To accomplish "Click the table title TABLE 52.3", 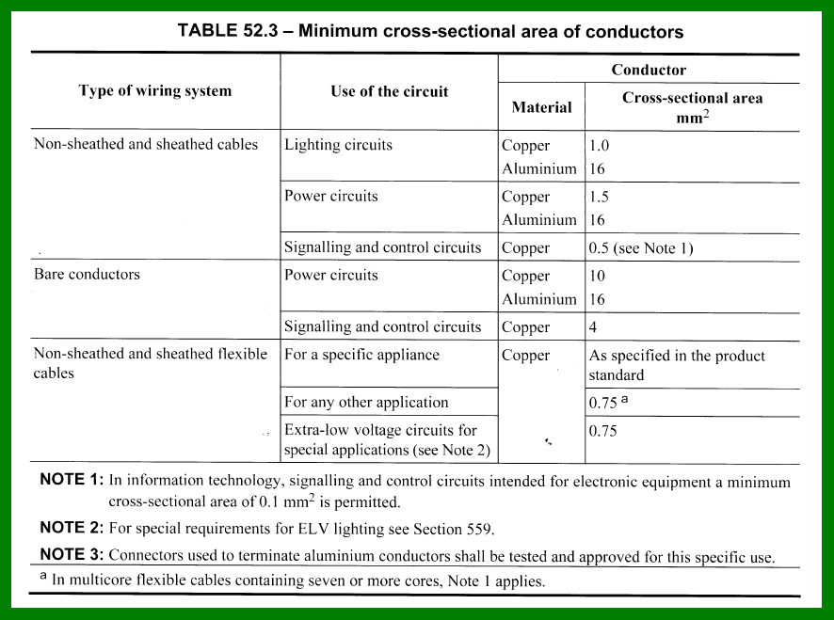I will (430, 31).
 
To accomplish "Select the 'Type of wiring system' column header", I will (155, 91).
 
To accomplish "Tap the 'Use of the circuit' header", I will (389, 91).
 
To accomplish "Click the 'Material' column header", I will (541, 107).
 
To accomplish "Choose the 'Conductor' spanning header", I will (649, 70).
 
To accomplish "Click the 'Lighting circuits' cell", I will (338, 145).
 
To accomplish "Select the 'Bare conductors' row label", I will (87, 275).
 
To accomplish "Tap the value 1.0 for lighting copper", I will (601, 146).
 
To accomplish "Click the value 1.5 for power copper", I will (601, 197).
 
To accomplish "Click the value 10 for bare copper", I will (598, 276).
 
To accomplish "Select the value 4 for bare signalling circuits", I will (594, 327).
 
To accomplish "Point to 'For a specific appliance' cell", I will (361, 355).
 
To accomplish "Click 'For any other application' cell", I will (366, 402).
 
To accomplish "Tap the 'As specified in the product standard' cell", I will (677, 365).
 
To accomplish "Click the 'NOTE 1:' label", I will (71, 481).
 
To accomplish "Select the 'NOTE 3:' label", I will (71, 555).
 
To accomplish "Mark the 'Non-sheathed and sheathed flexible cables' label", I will (151, 363).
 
